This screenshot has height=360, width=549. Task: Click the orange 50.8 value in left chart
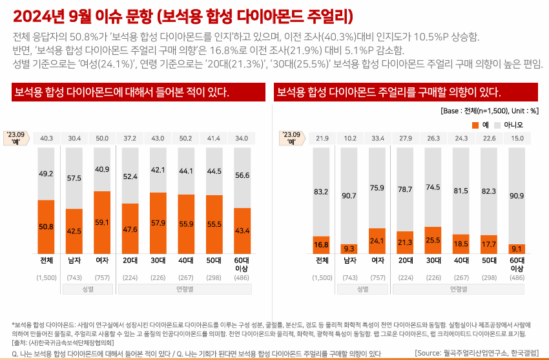46,227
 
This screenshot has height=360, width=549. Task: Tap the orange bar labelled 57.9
158,223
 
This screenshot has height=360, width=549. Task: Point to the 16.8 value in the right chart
322,244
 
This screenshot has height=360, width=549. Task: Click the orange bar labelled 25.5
433,240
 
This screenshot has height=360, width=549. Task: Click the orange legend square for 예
475,124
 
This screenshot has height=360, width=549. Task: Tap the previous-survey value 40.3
46,138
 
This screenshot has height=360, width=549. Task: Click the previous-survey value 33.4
378,138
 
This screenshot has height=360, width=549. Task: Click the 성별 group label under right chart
364,289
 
